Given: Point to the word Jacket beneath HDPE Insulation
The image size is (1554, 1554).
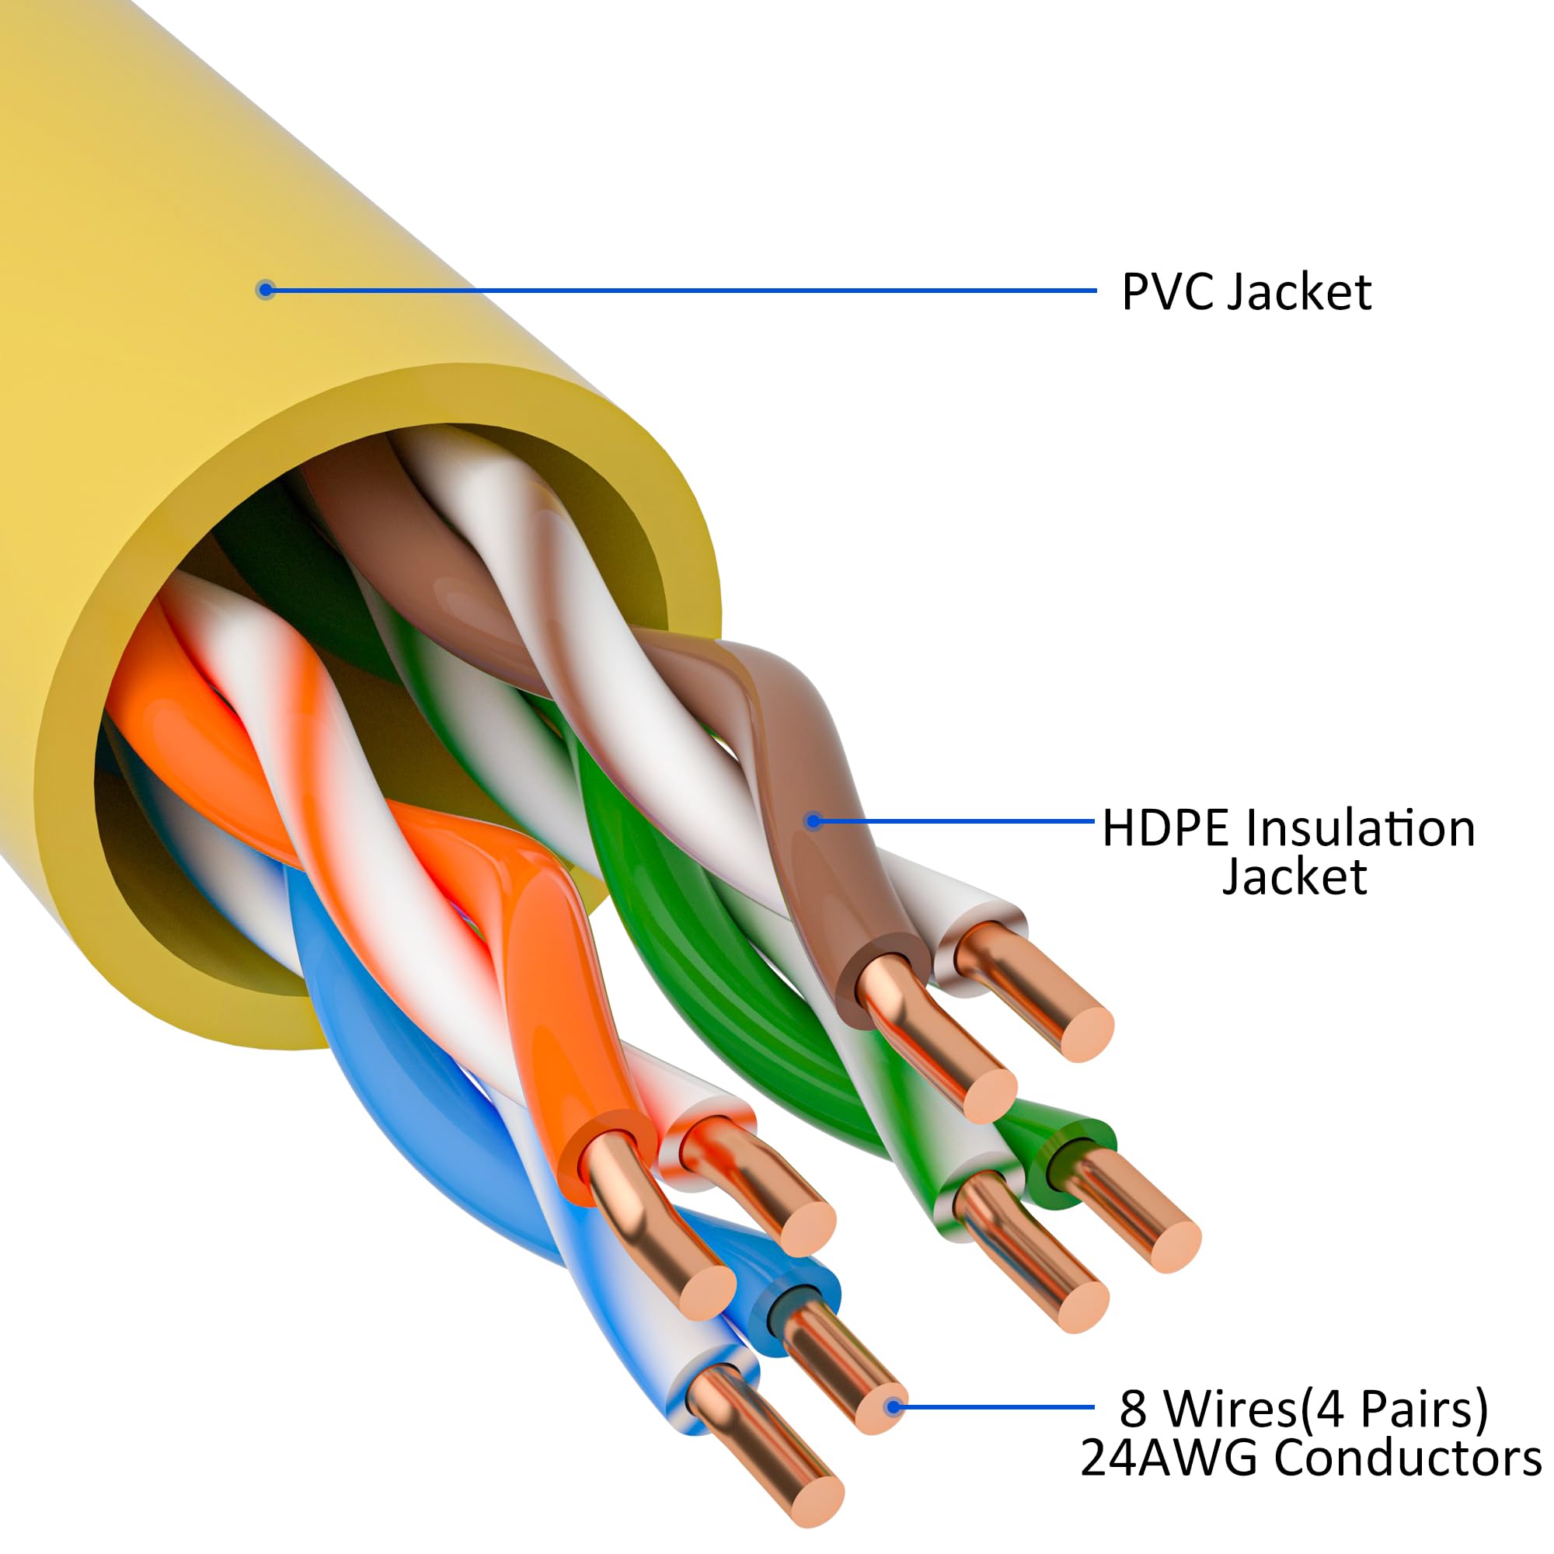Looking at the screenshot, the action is pos(1294,876).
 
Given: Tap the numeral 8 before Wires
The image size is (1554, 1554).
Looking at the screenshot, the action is pos(1133,1409).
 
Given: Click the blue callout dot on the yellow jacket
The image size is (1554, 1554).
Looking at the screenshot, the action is pos(266,290).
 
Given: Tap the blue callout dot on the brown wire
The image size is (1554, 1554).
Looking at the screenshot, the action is pos(814,821).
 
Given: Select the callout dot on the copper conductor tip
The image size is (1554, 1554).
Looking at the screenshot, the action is pos(893,1408).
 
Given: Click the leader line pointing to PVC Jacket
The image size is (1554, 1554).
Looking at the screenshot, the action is pos(682,291).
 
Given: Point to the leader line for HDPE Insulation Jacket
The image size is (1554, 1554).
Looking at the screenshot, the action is pos(955,821).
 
